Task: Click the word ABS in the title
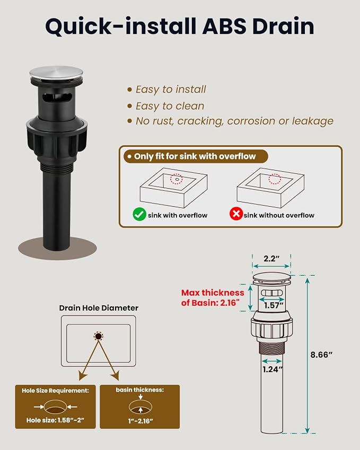[224, 26]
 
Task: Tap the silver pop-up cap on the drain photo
[56, 73]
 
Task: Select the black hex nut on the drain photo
[57, 137]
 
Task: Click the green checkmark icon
[139, 214]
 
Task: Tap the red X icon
[236, 214]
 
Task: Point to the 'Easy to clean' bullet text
[170, 106]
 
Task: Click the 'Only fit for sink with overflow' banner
[195, 156]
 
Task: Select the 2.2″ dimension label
[271, 259]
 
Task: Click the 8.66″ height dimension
[321, 355]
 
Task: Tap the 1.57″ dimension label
[274, 305]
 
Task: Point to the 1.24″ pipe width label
[273, 369]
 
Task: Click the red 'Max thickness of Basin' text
[213, 297]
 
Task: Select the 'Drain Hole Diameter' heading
[99, 308]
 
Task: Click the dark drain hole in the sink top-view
[99, 336]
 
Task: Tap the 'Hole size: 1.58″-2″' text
[55, 420]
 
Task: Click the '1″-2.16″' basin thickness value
[141, 421]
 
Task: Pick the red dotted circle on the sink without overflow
[275, 179]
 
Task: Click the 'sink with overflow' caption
[178, 215]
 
